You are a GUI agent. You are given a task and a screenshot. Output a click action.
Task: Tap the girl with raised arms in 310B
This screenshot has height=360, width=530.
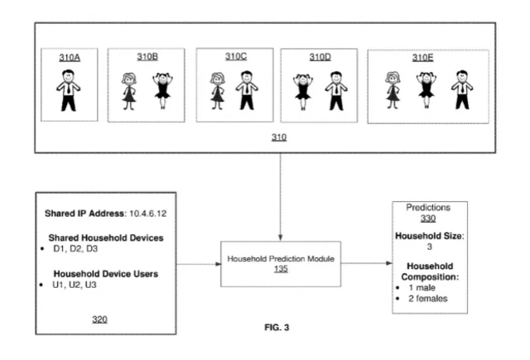point(162,91)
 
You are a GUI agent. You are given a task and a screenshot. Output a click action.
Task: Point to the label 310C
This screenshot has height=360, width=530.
point(234,57)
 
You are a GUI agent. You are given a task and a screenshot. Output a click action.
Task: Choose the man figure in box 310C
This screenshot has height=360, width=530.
point(246,91)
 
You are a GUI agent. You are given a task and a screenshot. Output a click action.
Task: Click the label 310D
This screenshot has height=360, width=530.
point(320,57)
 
